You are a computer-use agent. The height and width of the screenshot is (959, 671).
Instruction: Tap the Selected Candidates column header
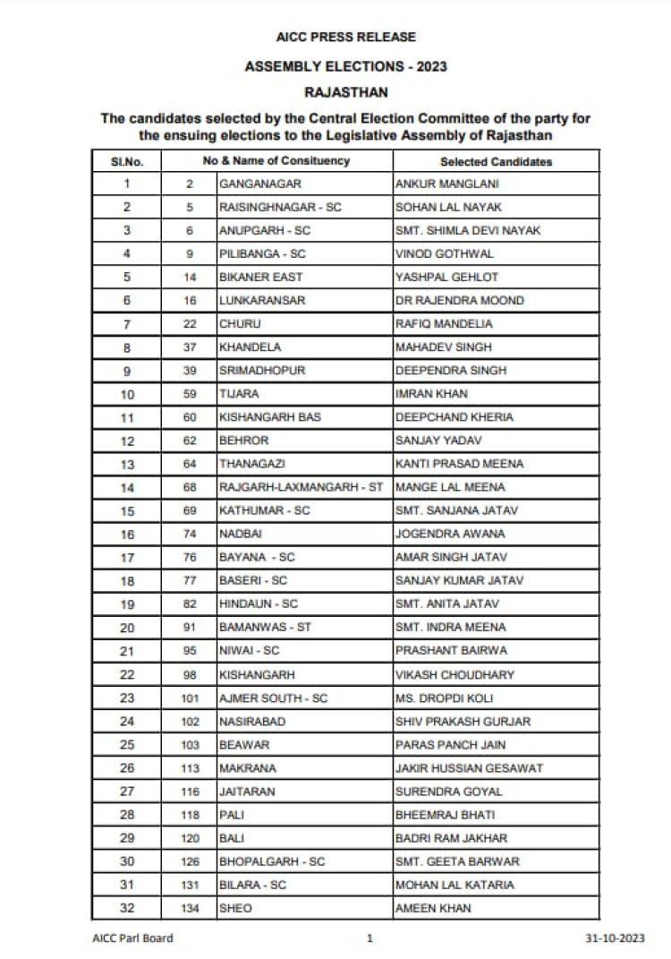tap(496, 162)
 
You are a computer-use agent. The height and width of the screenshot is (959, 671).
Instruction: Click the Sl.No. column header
tap(126, 162)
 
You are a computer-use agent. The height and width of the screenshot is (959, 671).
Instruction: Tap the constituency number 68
tap(190, 487)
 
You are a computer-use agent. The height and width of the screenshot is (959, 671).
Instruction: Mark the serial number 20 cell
tap(126, 627)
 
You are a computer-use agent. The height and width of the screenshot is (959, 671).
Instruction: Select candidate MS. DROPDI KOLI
tap(443, 697)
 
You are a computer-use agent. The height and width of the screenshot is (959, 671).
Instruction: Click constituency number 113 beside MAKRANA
tap(190, 767)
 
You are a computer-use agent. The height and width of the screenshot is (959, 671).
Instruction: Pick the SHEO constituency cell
tap(235, 907)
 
